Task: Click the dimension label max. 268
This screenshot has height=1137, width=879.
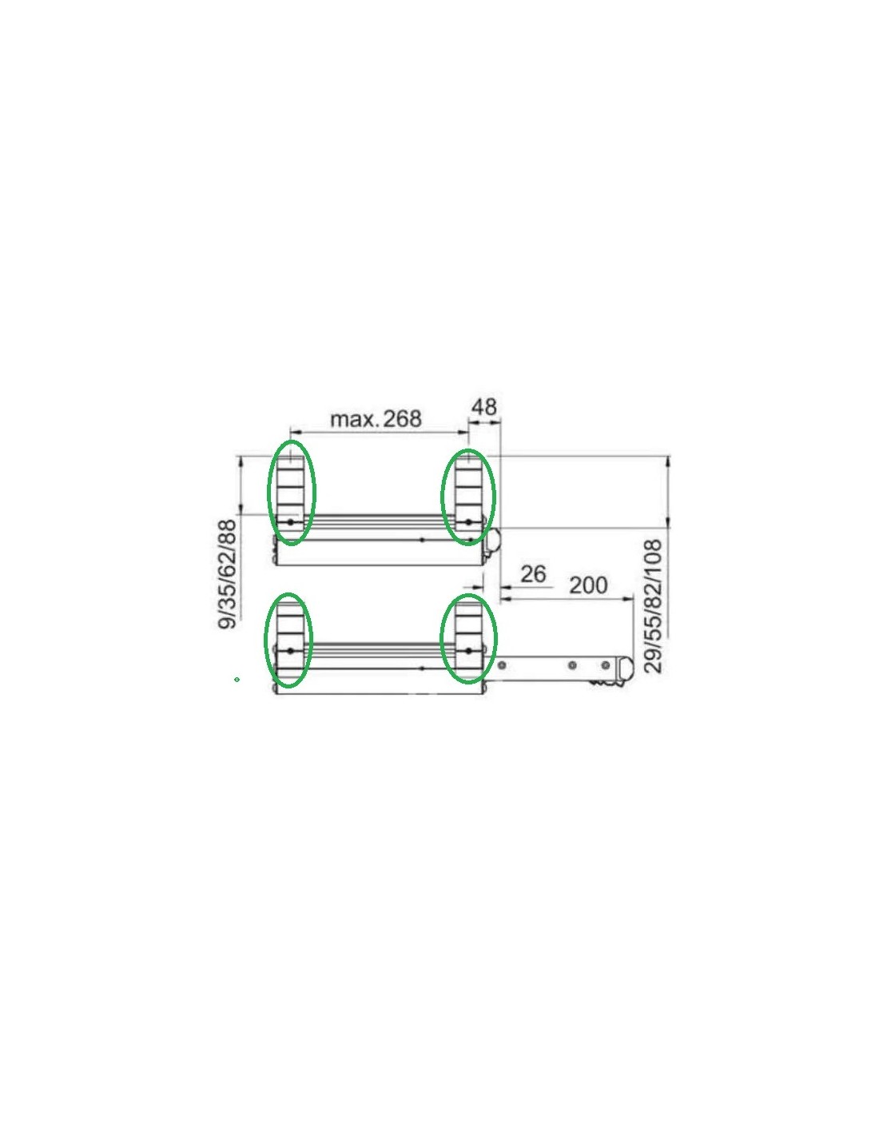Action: click(376, 419)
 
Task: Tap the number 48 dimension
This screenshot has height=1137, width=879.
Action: click(483, 407)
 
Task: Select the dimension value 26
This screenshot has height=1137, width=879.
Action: click(533, 574)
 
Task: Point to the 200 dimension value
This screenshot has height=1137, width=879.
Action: click(588, 585)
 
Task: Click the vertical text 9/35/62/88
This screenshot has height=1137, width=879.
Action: click(227, 574)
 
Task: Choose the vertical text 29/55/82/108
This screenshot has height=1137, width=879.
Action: click(653, 606)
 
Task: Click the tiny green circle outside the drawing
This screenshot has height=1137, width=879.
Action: click(237, 680)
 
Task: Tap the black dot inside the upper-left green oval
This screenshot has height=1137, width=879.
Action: click(291, 522)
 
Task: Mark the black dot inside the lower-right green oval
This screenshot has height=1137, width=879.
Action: click(468, 650)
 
